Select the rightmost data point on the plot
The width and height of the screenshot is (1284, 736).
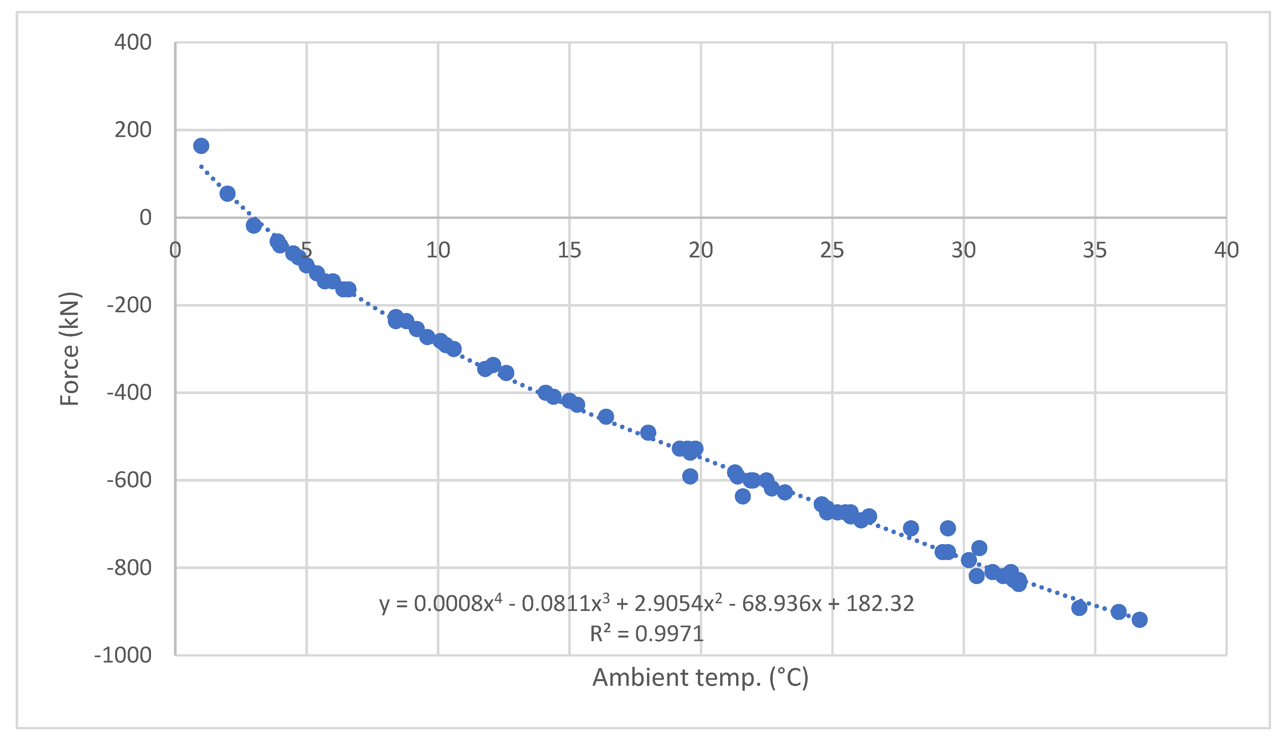1139,620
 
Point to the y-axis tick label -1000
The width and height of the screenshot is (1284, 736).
123,655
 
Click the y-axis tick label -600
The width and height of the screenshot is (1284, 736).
129,480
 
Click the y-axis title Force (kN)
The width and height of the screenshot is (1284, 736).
70,349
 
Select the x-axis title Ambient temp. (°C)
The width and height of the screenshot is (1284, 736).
701,678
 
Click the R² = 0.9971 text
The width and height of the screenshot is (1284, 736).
647,633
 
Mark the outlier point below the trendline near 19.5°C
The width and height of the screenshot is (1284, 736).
690,476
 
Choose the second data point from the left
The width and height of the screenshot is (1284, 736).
228,194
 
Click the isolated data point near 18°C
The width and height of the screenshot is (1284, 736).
648,433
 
